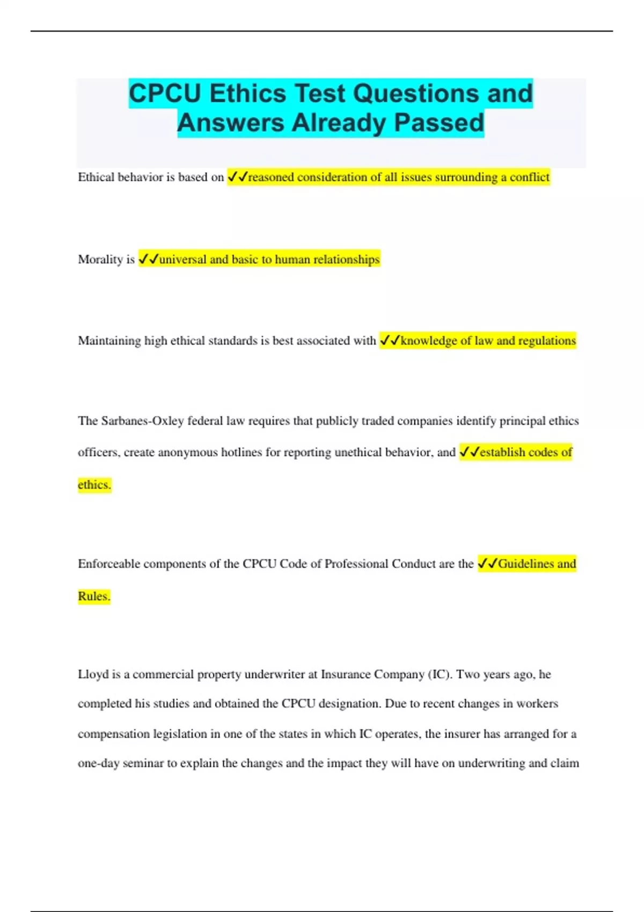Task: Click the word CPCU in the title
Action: pyautogui.click(x=166, y=93)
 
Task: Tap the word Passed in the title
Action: pyautogui.click(x=439, y=122)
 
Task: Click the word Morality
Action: pyautogui.click(x=100, y=260)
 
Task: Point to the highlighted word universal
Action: pyautogui.click(x=183, y=260)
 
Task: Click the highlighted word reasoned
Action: pyautogui.click(x=271, y=178)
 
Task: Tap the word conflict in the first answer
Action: pyautogui.click(x=529, y=178)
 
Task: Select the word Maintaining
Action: pyautogui.click(x=109, y=341)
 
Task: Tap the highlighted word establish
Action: pyautogui.click(x=502, y=453)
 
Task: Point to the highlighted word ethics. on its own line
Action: pyautogui.click(x=94, y=485)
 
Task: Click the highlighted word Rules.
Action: pyautogui.click(x=94, y=597)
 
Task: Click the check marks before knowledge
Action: pyautogui.click(x=390, y=341)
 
